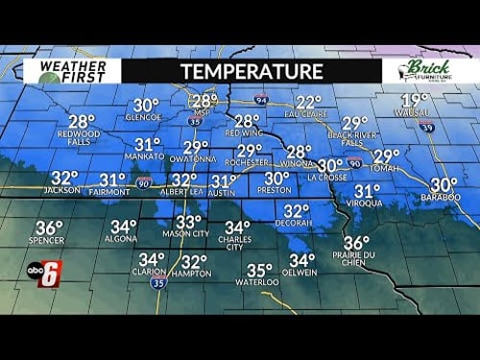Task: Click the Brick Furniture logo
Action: click(x=423, y=71)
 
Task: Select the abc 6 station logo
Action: click(x=40, y=274)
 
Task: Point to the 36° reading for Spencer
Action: click(x=48, y=228)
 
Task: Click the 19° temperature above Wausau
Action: click(x=415, y=100)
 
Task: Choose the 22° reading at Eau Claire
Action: click(x=308, y=102)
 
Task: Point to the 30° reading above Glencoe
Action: click(x=146, y=105)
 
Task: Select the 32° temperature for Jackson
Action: click(x=63, y=178)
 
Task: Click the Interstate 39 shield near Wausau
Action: click(x=425, y=127)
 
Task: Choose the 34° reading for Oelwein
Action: click(x=301, y=260)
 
